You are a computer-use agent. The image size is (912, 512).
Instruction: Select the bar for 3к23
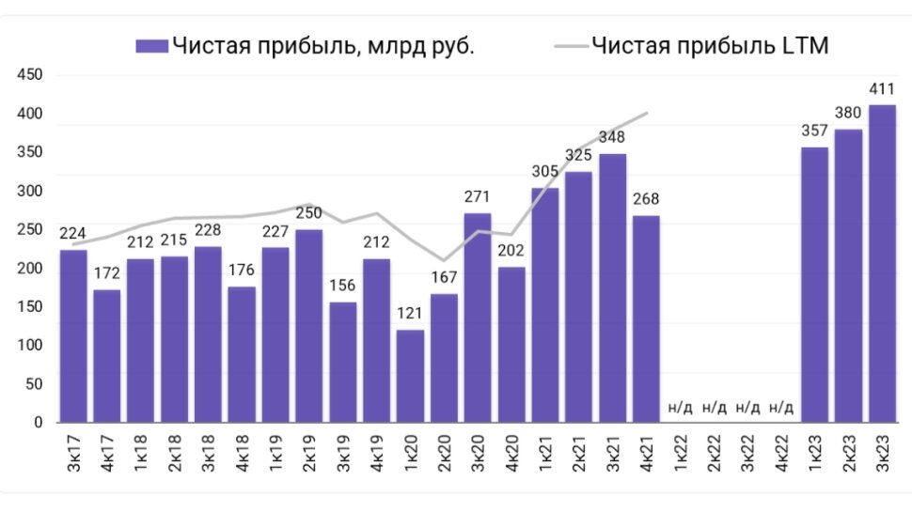882,263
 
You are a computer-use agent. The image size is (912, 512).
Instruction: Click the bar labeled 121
411,376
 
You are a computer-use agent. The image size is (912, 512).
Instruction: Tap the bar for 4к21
647,319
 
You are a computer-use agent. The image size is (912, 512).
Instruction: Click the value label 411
882,90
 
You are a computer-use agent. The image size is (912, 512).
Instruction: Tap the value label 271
478,198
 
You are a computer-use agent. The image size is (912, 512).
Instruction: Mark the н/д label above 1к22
680,408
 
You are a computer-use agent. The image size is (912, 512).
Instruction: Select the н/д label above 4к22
781,408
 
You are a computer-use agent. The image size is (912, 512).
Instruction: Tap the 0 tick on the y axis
39,422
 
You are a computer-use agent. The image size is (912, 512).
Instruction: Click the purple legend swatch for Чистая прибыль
151,46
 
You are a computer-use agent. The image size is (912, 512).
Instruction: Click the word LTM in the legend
800,46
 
